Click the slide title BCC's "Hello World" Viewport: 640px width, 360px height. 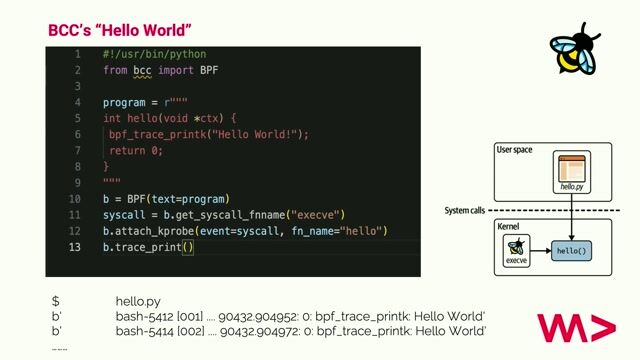pyautogui.click(x=120, y=31)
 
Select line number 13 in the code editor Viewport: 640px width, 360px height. pyautogui.click(x=75, y=246)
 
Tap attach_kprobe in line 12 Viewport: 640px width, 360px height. pyautogui.click(x=153, y=230)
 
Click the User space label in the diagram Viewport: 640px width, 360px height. pyautogui.click(x=514, y=150)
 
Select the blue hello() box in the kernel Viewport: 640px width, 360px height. pyautogui.click(x=571, y=250)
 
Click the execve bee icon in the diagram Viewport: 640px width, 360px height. pyautogui.click(x=516, y=247)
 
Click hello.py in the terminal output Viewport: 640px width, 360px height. pyautogui.click(x=139, y=300)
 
